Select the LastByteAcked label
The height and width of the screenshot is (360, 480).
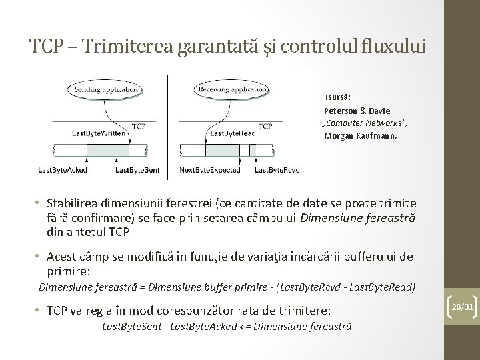coord(62,170)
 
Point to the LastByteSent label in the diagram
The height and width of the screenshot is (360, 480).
coord(137,170)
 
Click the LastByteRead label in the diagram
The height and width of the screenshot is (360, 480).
coord(232,133)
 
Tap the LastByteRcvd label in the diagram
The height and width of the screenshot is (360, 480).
coord(277,170)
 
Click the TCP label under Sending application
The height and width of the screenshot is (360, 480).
coord(139,125)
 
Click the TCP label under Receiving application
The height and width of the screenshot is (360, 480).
coord(265,125)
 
